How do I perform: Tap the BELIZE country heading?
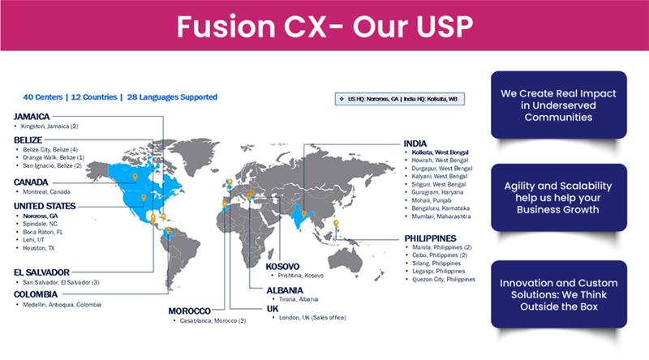28,140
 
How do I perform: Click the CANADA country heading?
31,182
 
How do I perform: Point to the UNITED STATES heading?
45,207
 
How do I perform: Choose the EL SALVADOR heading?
41,272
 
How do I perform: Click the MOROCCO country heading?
190,311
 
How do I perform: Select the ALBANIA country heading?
285,289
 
